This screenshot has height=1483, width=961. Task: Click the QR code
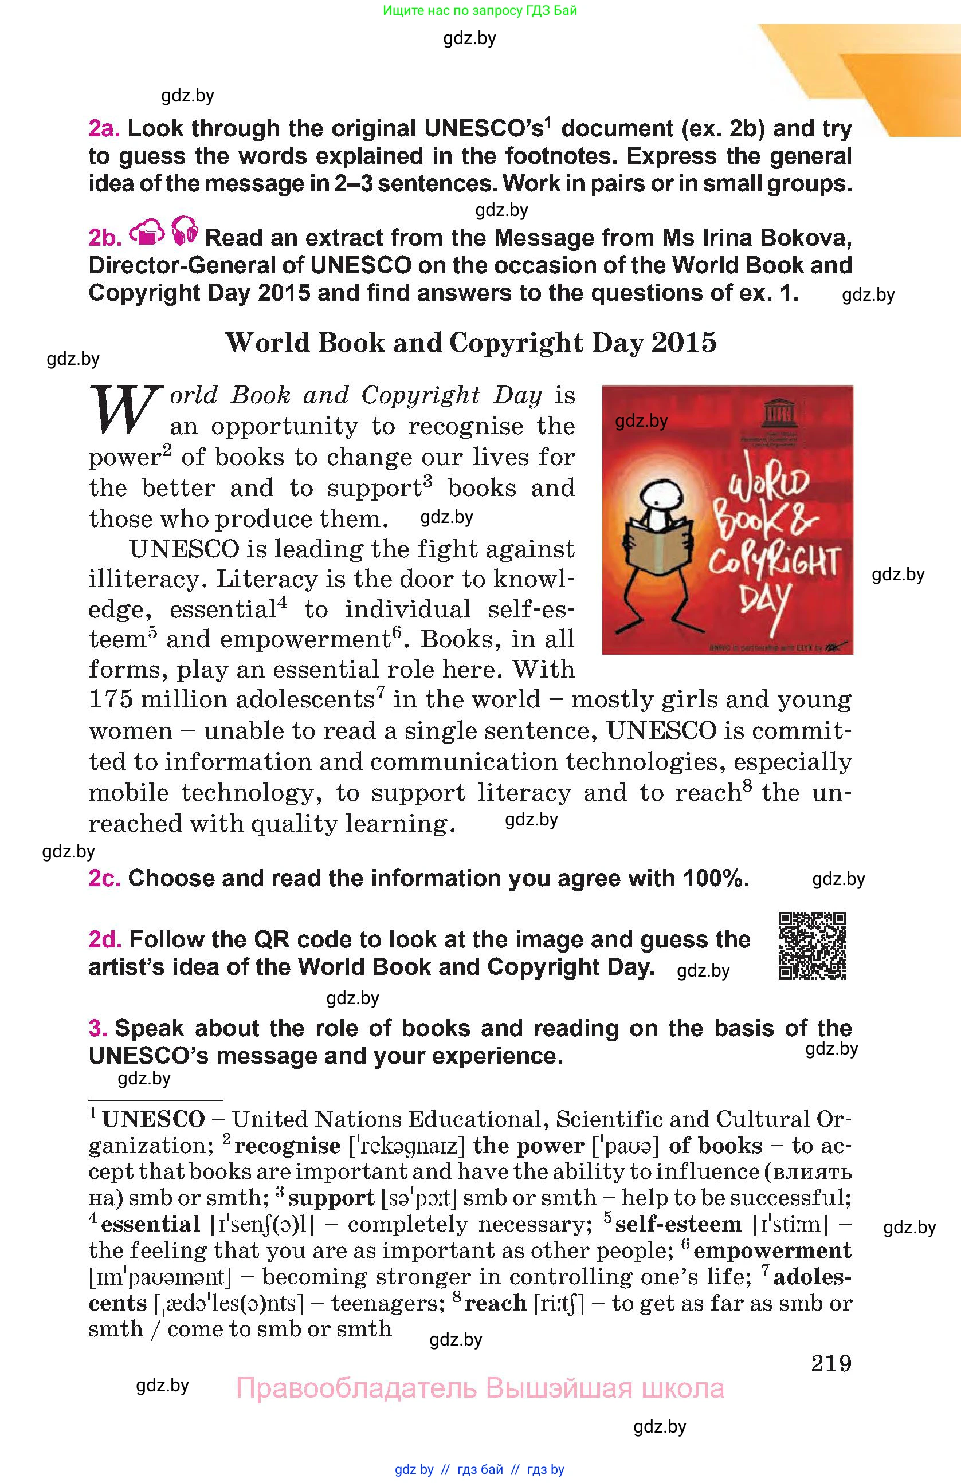812,945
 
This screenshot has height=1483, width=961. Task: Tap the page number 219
831,1363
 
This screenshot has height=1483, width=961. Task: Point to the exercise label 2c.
104,878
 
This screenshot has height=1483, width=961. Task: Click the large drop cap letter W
123,410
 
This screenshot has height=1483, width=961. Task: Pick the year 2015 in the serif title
684,342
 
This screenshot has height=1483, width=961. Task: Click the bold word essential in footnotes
150,1225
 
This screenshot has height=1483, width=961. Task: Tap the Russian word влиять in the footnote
811,1172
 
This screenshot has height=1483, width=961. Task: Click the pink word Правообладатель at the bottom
356,1388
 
